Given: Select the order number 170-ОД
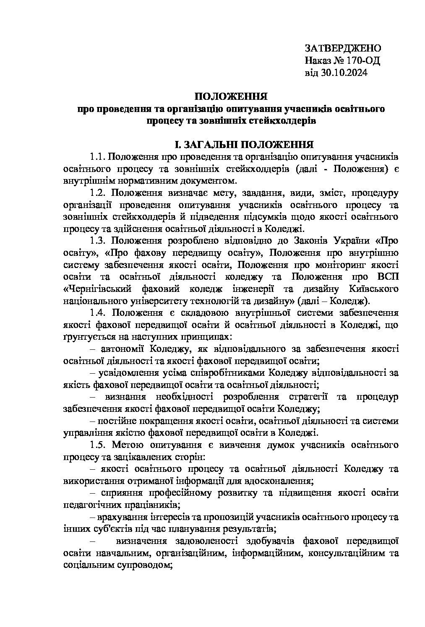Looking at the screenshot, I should coord(363,60).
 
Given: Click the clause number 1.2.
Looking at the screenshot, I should coord(97,193).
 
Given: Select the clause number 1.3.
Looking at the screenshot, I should coord(97,241).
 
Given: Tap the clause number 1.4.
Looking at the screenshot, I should coord(97,313).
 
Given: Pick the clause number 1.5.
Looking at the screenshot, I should coord(97,445).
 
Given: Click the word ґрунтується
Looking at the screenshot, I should coord(85,337).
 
